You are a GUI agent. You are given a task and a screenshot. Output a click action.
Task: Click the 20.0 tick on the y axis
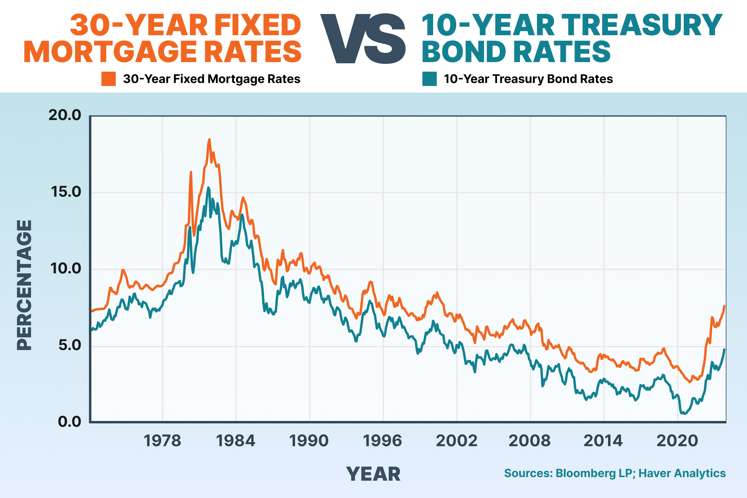pos(65,115)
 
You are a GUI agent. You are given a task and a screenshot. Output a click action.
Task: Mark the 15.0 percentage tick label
pos(66,192)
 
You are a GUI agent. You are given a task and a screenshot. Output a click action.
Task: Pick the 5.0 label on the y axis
pos(70,345)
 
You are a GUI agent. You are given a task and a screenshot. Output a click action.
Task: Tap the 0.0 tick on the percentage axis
pos(70,422)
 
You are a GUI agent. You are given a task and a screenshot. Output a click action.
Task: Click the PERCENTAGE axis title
pos(24,285)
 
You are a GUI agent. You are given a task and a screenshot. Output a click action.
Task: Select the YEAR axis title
pos(373,474)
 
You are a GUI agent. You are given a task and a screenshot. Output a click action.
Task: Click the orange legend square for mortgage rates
pos(109,79)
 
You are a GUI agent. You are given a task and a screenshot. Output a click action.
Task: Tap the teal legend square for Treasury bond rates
pos(429,79)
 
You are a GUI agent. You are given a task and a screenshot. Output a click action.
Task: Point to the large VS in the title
pos(363,39)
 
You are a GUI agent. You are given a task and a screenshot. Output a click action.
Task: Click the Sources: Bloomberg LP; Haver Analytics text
pos(615,473)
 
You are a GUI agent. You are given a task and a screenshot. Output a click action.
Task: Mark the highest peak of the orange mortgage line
pos(209,139)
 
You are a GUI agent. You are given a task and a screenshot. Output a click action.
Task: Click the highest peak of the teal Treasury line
pos(208,188)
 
